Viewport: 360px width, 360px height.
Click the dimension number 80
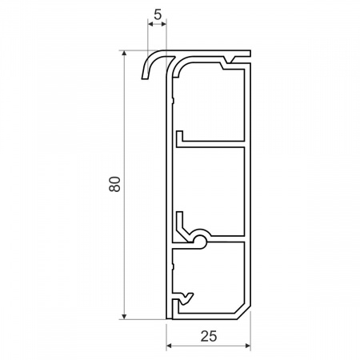(x=114, y=184)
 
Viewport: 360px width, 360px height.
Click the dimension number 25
(x=209, y=337)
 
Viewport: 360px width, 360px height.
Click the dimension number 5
(x=158, y=15)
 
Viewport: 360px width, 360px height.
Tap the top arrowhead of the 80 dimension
(x=124, y=54)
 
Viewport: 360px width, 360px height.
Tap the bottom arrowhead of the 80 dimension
(x=124, y=316)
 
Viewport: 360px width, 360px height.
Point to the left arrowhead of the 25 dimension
(x=169, y=346)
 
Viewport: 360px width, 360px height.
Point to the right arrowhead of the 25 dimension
(x=248, y=346)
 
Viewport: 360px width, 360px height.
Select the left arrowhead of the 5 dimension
(x=150, y=24)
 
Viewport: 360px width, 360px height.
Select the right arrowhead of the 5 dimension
(x=163, y=24)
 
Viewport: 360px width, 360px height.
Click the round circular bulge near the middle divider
(x=199, y=239)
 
